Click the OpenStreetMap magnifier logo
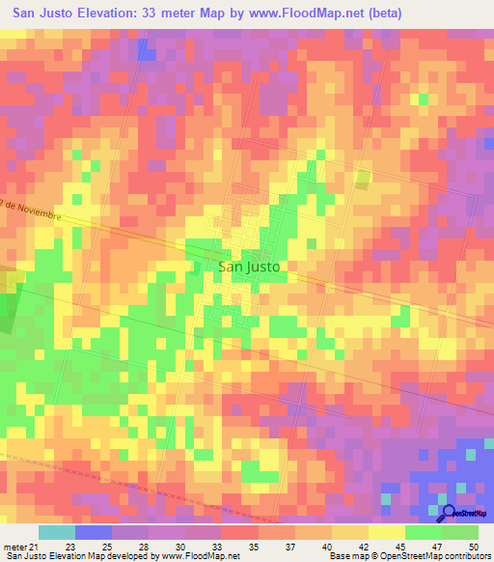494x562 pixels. point(449,512)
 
